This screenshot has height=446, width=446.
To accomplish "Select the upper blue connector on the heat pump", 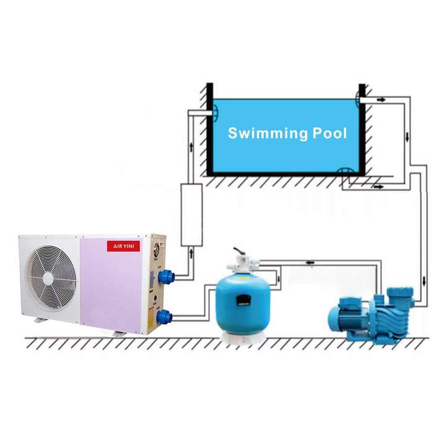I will point(165,276).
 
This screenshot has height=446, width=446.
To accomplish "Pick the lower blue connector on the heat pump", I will point(165,317).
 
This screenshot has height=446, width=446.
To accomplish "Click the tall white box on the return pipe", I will point(191,214).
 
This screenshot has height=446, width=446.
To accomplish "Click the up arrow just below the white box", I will point(191,253).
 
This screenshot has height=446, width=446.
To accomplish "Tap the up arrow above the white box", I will point(191,149).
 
